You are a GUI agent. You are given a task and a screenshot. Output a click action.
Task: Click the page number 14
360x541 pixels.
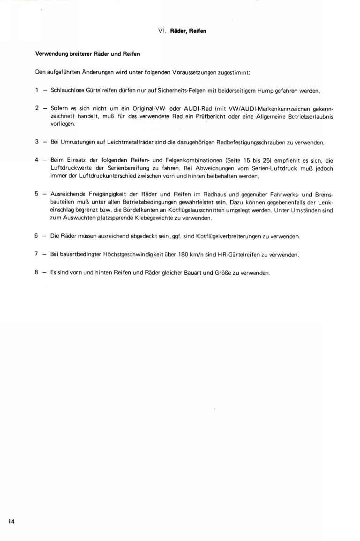pos(11,521)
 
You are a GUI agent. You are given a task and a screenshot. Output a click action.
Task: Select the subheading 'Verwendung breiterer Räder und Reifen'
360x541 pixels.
pos(88,54)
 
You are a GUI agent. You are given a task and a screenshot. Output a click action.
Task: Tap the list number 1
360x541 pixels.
pos(37,90)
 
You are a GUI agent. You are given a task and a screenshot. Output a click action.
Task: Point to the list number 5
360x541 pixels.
pos(37,193)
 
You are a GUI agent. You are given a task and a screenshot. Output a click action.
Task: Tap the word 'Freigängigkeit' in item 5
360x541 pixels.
pos(102,193)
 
